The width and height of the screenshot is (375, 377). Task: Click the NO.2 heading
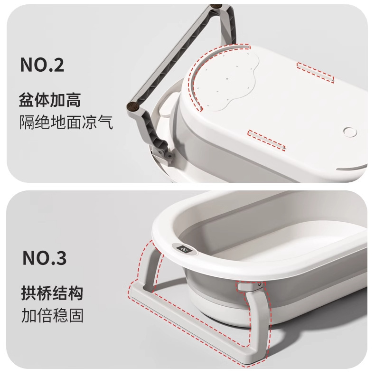(x=42, y=65)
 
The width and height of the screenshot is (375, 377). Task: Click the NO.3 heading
(x=45, y=257)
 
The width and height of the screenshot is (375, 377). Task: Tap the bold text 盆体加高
(x=50, y=100)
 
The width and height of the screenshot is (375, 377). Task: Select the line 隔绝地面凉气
(x=66, y=122)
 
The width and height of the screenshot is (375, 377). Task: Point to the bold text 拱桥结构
(x=52, y=293)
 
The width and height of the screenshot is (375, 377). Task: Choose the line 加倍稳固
(x=52, y=315)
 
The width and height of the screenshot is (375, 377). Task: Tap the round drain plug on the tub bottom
(x=350, y=132)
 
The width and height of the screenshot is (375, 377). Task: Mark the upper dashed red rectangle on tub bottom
(x=315, y=72)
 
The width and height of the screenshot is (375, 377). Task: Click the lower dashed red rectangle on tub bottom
(x=266, y=140)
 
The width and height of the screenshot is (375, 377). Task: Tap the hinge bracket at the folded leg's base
(x=163, y=154)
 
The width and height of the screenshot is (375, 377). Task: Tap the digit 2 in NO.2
(x=58, y=65)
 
